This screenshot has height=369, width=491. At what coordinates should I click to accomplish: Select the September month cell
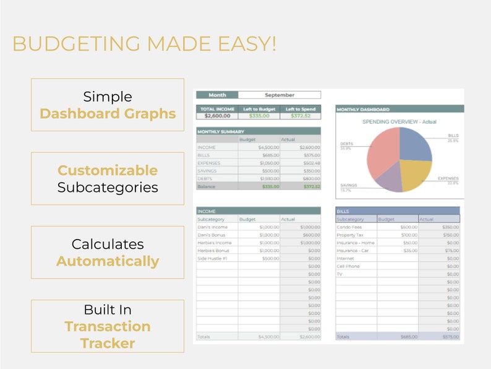[280, 95]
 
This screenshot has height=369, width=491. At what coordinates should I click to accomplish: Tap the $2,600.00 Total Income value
[217, 116]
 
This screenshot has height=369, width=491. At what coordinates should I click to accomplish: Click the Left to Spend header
[301, 109]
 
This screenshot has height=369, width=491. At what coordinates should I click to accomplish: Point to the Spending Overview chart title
[399, 122]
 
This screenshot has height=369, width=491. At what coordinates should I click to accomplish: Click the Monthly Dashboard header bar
[399, 109]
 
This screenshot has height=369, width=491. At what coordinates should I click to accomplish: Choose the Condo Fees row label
[349, 227]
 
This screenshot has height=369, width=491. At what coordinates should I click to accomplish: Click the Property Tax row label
[350, 235]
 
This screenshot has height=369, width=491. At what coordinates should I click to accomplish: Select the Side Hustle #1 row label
[211, 258]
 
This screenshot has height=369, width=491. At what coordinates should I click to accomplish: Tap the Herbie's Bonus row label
[213, 251]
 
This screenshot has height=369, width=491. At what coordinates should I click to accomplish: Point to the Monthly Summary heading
[221, 131]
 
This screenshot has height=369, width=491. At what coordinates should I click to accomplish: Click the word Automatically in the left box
[108, 261]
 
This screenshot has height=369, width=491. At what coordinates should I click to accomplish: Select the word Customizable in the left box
[108, 170]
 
